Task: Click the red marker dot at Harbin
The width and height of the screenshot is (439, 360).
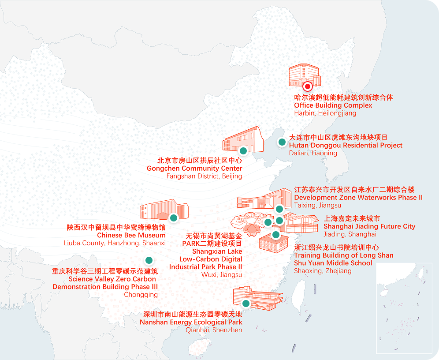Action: coord(308,86)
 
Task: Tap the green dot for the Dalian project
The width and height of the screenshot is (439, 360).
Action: coord(281,142)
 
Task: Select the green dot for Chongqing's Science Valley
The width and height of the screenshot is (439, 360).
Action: coord(149,260)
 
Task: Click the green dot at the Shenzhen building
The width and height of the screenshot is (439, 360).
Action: coord(246,303)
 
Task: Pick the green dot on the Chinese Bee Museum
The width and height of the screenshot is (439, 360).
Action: coord(173,217)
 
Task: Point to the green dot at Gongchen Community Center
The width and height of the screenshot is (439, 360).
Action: coord(243,151)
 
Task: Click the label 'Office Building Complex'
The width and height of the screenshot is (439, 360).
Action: coord(333,105)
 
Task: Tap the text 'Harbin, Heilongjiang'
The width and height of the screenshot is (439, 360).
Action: coord(325,113)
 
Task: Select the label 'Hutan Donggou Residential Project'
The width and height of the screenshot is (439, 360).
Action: coord(346,145)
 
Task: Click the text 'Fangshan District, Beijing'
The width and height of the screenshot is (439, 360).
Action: coord(204,176)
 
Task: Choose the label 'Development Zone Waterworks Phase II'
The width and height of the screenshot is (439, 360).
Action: coord(358,197)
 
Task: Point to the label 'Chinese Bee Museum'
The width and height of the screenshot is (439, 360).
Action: coord(131,235)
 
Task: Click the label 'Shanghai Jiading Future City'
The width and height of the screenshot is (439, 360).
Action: coord(369,226)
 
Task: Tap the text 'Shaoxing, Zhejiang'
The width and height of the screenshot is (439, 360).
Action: coord(323,271)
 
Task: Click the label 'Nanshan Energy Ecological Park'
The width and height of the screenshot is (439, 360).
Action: coord(191,322)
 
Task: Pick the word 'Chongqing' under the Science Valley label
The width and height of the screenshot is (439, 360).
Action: coord(141,295)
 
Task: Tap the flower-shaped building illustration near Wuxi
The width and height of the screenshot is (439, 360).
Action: coord(248,223)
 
